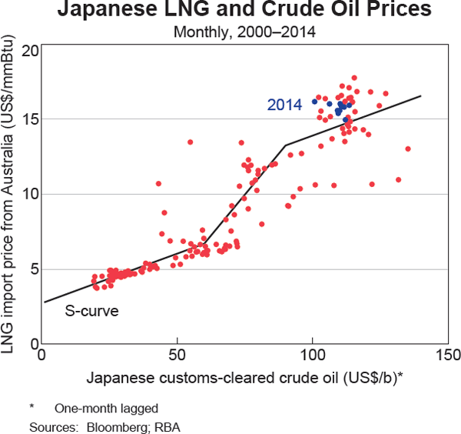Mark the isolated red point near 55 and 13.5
pos(190,142)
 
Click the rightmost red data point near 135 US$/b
pos(408,149)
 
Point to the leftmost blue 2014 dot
pos(314,102)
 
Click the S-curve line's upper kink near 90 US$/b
pos(285,145)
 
